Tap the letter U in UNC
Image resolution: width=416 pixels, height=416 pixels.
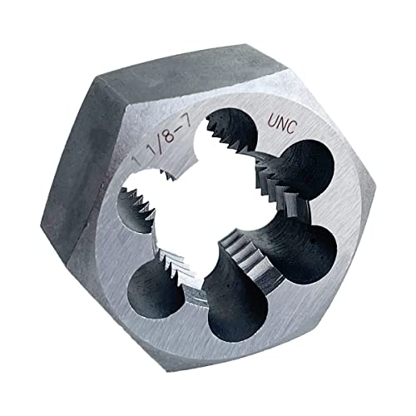pyautogui.click(x=270, y=119)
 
